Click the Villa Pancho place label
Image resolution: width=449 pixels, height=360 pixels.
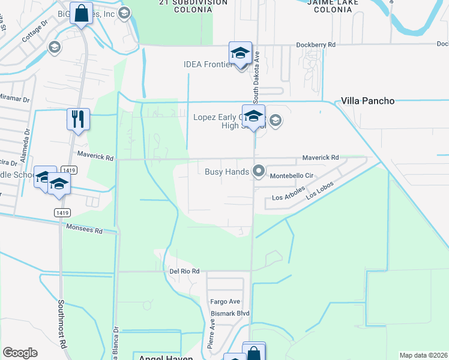[x=368, y=101]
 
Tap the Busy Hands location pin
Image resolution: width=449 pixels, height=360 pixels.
[x=259, y=172]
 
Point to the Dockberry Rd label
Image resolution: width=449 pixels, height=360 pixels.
[x=315, y=44]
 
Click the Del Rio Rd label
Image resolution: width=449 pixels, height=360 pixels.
[x=184, y=271]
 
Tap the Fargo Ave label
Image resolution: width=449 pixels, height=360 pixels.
[x=224, y=301]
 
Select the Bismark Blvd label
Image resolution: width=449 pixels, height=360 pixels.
[x=229, y=313]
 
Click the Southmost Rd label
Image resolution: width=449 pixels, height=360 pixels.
[x=61, y=324]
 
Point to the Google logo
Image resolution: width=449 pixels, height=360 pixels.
[x=20, y=353]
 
